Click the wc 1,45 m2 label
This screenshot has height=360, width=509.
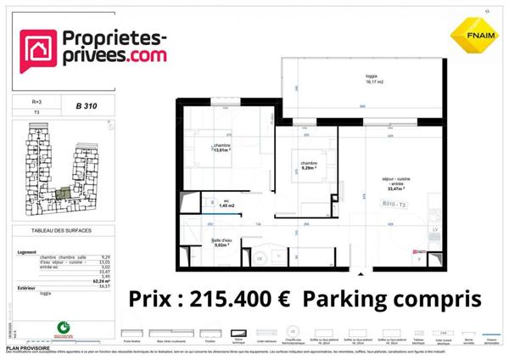(226, 204)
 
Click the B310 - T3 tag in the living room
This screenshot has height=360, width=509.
(394, 205)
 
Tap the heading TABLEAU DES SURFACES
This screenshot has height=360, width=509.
(60, 231)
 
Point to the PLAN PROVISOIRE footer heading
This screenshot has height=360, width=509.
(25, 346)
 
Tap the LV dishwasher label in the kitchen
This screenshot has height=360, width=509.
(434, 230)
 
